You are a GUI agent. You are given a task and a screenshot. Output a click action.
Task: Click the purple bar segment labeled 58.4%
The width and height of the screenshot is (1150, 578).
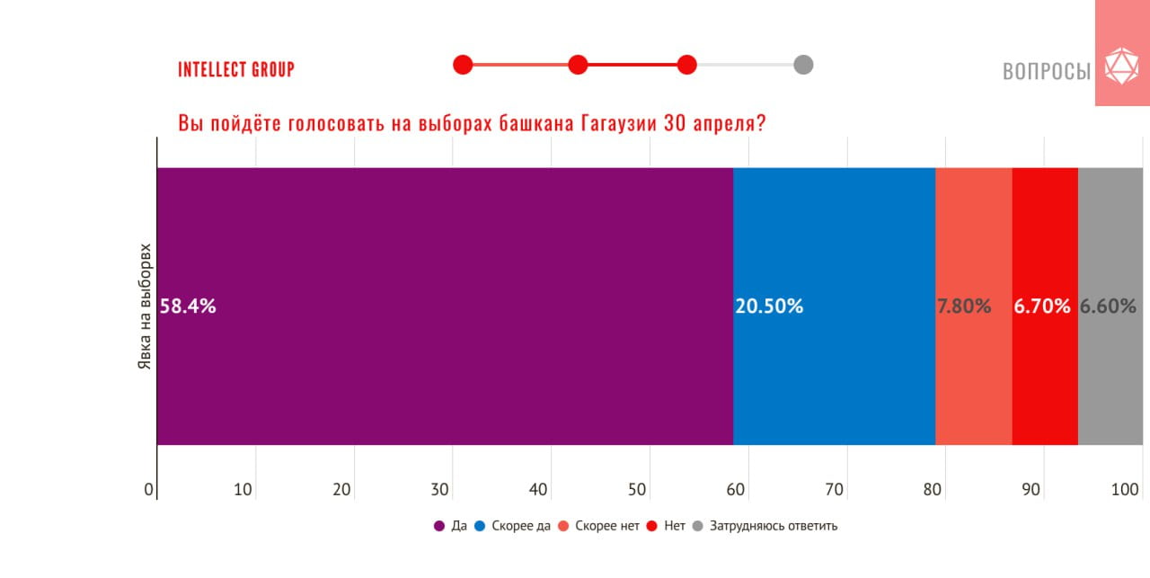(x=445, y=306)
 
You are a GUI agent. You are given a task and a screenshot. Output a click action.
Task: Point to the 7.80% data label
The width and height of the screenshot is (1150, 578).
(x=964, y=307)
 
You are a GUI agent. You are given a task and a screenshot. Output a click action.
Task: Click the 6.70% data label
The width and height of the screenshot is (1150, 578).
(x=1042, y=307)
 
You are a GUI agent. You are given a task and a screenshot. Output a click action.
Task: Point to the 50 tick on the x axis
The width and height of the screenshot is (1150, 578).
(x=636, y=490)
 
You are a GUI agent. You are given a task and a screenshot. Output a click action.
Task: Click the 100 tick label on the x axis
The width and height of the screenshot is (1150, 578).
(x=1126, y=490)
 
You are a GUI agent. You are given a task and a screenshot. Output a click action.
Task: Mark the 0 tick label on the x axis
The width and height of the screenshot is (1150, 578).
(x=149, y=490)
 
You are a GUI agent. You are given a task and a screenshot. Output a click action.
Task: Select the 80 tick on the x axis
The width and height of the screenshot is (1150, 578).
(x=933, y=490)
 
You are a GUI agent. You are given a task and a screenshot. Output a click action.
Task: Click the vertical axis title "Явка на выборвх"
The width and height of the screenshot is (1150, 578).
(x=143, y=306)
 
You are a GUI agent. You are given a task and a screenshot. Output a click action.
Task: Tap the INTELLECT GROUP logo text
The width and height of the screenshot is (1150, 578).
(x=236, y=69)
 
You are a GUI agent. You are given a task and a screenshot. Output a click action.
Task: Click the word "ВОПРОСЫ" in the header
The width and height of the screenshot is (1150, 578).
(x=1047, y=71)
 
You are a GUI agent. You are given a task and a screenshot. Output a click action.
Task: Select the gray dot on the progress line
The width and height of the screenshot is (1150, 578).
(x=803, y=65)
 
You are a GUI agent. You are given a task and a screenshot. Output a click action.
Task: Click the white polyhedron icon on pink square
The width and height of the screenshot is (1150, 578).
(x=1120, y=67)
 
